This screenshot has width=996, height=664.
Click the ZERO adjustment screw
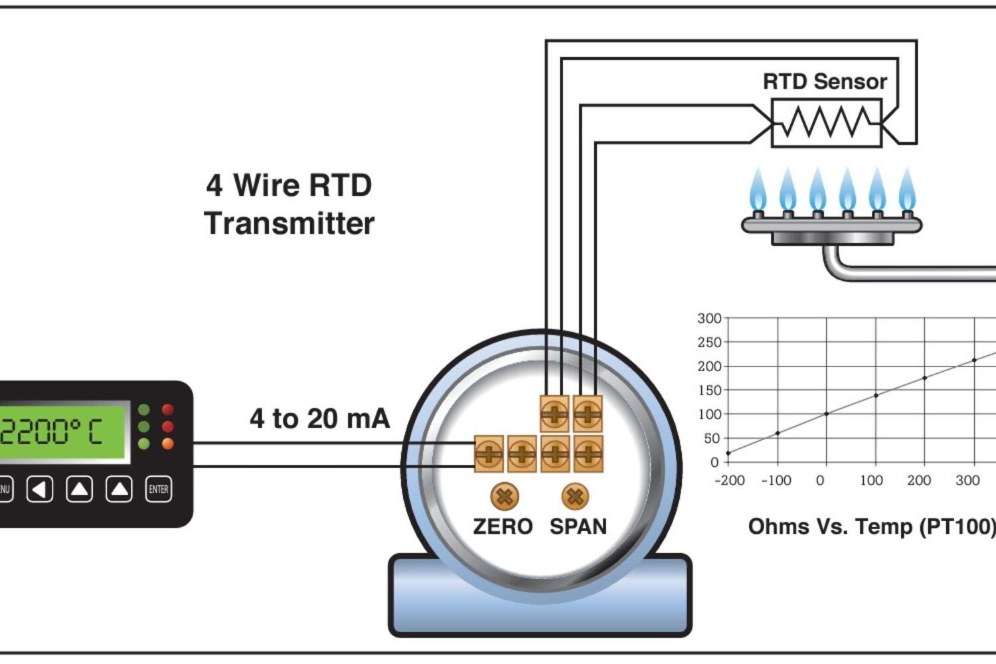[x=505, y=496]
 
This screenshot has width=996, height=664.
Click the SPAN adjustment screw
[x=575, y=496]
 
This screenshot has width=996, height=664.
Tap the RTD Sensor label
[x=825, y=82]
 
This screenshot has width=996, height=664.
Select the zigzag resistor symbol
[x=827, y=122]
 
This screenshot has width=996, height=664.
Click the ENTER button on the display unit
[x=158, y=489]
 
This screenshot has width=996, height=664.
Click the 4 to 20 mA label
[x=319, y=418]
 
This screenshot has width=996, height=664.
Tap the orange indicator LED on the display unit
[x=167, y=443]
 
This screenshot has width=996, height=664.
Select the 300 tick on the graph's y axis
[x=708, y=318]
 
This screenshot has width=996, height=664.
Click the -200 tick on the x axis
[x=729, y=480]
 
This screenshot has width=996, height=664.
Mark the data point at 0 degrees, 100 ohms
[x=827, y=414]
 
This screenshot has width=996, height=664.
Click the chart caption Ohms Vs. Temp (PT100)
[x=871, y=527]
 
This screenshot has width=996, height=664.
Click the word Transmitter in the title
[x=290, y=223]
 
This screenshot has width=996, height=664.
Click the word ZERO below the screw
[x=503, y=527]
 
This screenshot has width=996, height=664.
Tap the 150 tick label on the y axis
[x=708, y=390]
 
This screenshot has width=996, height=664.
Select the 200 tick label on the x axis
[x=919, y=480]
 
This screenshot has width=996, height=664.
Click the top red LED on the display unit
[x=167, y=410]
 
